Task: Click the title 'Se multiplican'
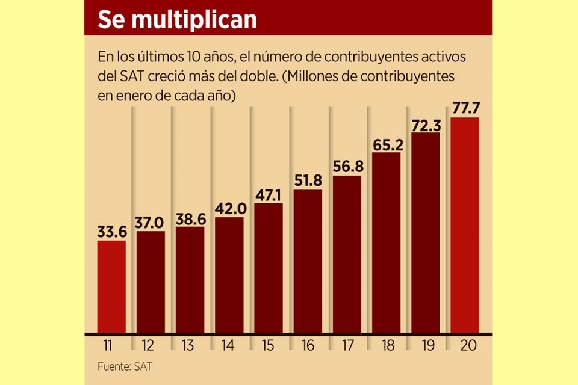tap(177, 20)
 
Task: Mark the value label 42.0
tap(229, 208)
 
